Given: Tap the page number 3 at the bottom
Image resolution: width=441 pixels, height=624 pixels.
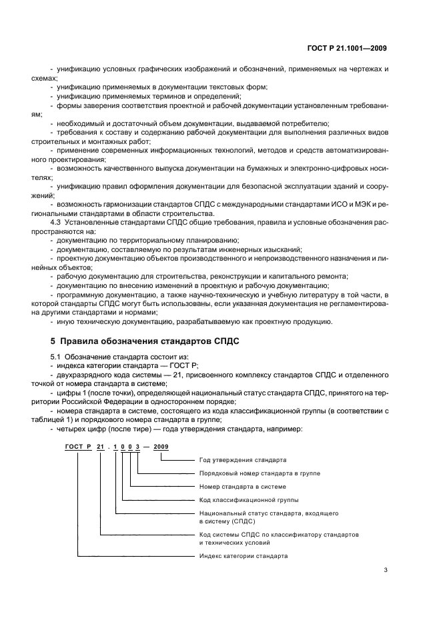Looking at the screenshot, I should (386, 570).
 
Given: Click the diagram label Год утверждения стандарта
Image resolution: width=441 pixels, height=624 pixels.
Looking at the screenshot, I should (243, 460).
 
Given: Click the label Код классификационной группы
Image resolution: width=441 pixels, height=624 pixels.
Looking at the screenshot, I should (249, 499).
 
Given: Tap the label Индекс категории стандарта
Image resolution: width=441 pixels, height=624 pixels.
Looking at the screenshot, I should (244, 555).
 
